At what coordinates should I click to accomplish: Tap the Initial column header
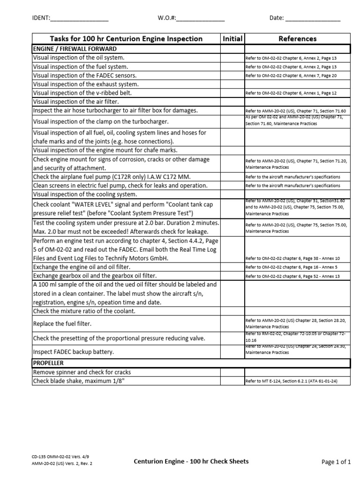(x=232, y=39)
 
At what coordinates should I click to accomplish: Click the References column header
(x=297, y=39)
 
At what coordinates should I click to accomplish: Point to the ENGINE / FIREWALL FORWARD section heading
(x=75, y=49)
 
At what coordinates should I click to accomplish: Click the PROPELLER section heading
(x=48, y=363)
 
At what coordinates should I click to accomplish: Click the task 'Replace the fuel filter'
(x=62, y=323)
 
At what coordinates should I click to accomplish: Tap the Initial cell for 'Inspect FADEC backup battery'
(x=232, y=352)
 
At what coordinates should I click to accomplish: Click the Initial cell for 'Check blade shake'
(x=232, y=381)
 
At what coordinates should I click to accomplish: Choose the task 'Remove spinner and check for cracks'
(x=82, y=372)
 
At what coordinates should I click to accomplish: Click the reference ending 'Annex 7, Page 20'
(x=291, y=75)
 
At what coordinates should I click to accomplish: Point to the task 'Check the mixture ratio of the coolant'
(x=84, y=311)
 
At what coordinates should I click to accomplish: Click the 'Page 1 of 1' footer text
(x=336, y=462)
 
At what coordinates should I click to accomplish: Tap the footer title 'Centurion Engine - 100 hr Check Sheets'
(x=191, y=461)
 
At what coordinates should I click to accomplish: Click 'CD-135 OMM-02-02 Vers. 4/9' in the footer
(x=59, y=456)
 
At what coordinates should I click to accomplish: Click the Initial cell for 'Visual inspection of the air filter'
(x=232, y=102)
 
